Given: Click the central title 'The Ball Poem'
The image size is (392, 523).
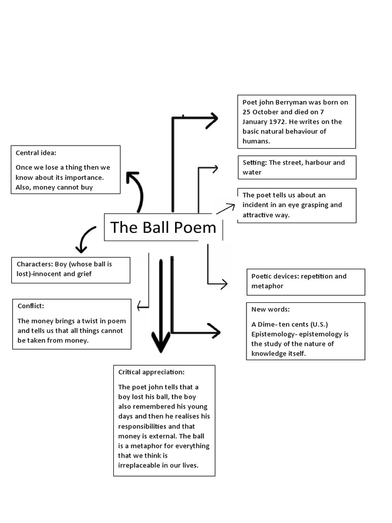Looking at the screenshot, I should pos(163,227).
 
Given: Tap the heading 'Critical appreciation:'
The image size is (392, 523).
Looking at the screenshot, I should pos(151,372).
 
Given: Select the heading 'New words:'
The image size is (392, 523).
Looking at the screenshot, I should pos(271,310).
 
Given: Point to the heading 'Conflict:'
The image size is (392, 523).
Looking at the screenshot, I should pos(31,306).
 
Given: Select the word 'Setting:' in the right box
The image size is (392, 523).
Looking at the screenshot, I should pos(254,162).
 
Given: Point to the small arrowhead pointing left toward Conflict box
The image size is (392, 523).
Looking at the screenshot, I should pos(140,306).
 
